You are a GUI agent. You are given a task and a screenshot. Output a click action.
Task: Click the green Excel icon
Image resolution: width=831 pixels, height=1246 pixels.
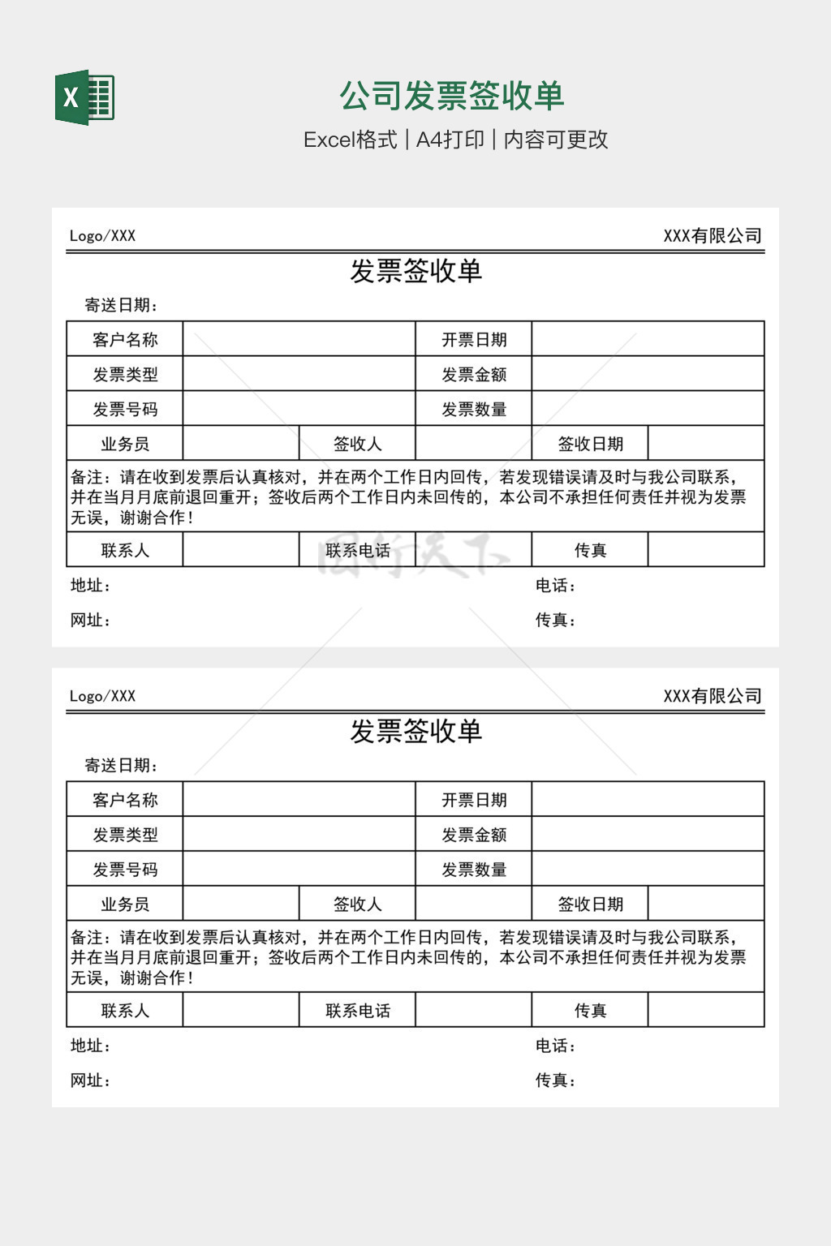(x=84, y=97)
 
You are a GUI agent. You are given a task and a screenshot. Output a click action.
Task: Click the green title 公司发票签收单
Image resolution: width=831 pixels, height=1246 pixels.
(x=451, y=96)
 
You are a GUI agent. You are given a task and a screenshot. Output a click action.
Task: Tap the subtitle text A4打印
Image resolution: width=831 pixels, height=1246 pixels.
(x=450, y=140)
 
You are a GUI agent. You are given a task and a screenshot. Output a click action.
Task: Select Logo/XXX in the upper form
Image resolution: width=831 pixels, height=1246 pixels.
(x=102, y=236)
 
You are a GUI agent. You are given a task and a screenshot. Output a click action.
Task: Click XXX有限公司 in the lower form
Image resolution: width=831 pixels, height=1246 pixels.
(x=713, y=696)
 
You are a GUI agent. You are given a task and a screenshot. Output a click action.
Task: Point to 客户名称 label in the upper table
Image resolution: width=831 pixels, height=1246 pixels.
(x=125, y=340)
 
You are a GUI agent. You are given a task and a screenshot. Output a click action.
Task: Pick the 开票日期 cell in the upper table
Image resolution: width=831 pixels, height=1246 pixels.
(x=474, y=340)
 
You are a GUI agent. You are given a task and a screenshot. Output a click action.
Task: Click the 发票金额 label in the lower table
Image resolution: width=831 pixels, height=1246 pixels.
(x=474, y=835)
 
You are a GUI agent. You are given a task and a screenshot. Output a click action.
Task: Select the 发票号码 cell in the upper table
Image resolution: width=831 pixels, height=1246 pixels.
(x=125, y=410)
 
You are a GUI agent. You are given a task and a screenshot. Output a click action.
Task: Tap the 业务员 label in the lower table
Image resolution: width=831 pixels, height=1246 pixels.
(x=125, y=904)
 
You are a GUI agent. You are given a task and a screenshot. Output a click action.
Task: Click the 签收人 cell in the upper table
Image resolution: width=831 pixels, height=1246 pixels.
(x=357, y=445)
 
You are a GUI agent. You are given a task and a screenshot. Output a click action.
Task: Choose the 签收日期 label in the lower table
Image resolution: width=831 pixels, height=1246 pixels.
(x=590, y=904)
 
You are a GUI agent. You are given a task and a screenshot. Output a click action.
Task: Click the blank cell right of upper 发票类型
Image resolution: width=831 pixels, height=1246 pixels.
(x=299, y=375)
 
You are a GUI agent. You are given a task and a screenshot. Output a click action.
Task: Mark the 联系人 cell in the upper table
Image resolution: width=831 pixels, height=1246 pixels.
(x=125, y=551)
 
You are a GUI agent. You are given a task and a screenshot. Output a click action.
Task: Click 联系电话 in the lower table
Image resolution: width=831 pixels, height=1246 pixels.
(x=357, y=1011)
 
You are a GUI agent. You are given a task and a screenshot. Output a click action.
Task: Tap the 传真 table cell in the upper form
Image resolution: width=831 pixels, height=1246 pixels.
(x=590, y=551)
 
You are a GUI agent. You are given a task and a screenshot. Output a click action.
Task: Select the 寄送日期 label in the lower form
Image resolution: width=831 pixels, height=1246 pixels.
(x=121, y=766)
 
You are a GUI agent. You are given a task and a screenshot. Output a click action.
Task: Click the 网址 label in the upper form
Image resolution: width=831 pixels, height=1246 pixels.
(x=90, y=621)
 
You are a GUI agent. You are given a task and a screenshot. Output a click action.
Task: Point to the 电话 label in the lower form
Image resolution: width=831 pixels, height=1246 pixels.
(x=555, y=1046)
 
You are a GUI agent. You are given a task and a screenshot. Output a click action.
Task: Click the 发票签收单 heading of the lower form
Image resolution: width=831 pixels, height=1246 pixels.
(x=415, y=732)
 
